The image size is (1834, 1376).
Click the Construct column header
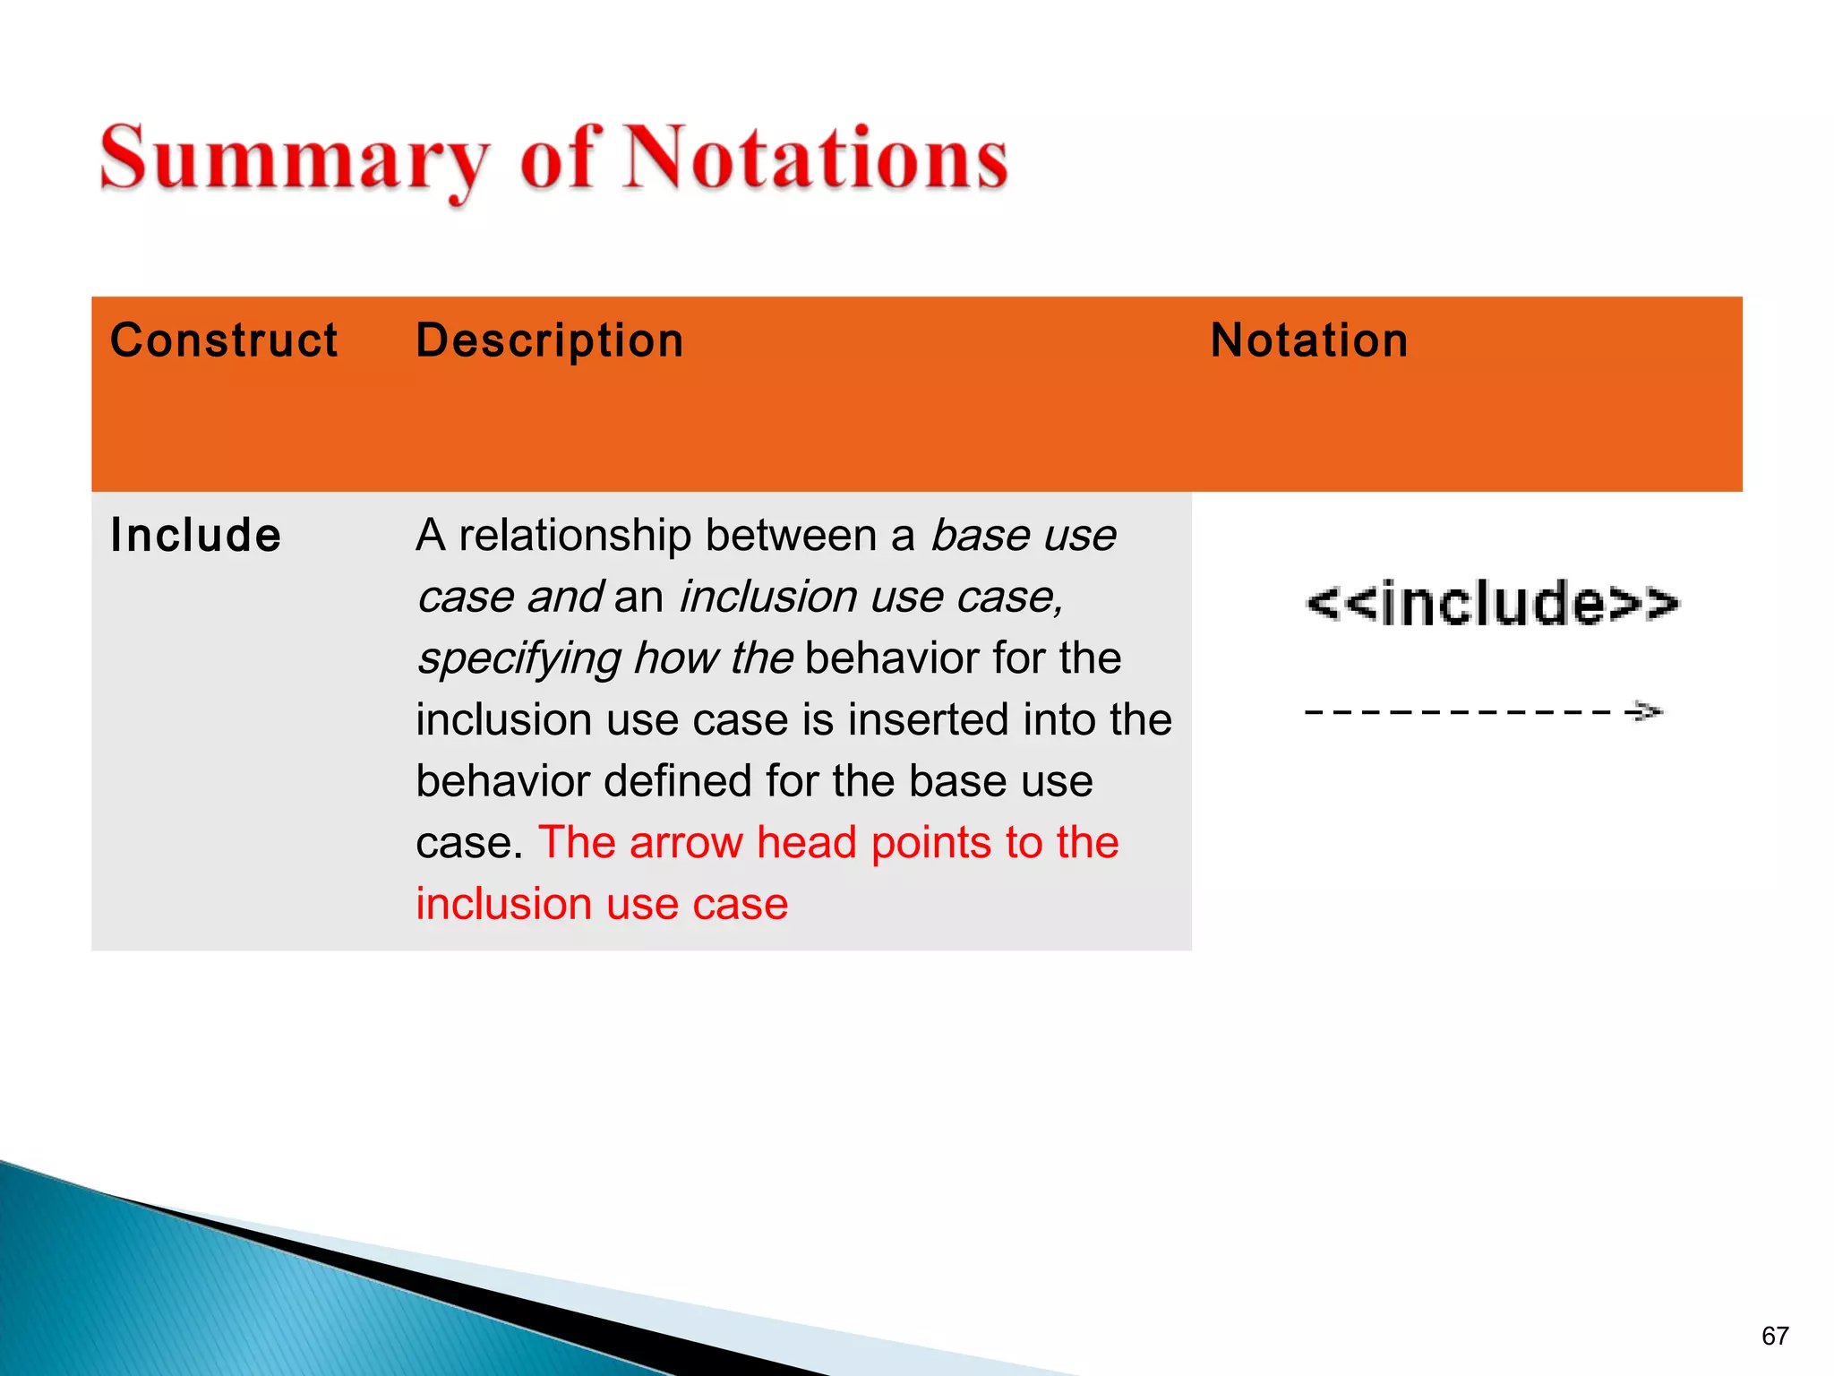coord(224,341)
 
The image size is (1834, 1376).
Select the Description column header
coord(550,341)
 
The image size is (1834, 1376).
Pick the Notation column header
coord(1309,341)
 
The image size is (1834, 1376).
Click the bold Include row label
coord(195,536)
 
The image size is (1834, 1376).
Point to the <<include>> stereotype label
coord(1493,603)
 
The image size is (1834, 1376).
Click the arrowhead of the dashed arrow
coord(1646,712)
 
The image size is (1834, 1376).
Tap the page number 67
coord(1775,1336)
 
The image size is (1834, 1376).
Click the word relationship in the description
coord(575,536)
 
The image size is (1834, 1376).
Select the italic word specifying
coord(518,658)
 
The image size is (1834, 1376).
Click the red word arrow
coord(686,843)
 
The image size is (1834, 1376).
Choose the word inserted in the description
coord(927,720)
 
